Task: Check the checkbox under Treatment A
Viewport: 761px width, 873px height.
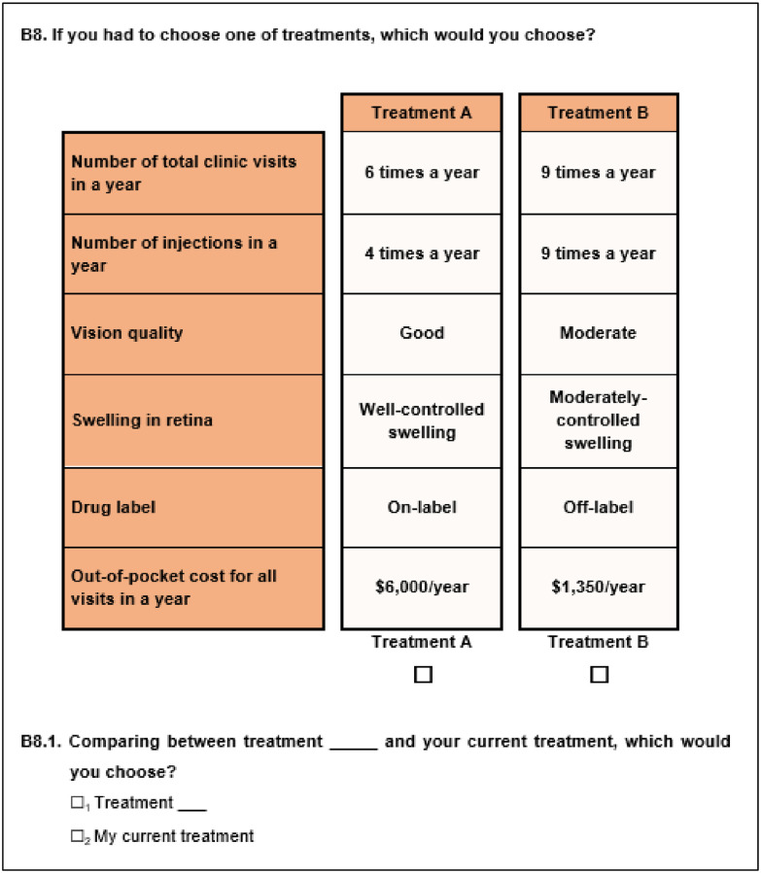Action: click(x=423, y=674)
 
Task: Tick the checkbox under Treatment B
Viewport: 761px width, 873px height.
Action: click(x=600, y=674)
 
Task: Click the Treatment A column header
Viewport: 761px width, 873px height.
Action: click(x=422, y=113)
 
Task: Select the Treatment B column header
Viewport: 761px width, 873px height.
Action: click(x=598, y=113)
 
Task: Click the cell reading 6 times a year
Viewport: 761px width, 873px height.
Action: click(x=422, y=173)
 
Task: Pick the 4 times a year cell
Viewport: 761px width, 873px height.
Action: click(x=422, y=253)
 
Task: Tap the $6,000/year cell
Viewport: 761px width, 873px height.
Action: click(x=422, y=587)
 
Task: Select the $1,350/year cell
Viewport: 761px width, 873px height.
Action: click(x=598, y=587)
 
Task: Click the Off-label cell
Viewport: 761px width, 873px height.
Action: click(x=598, y=507)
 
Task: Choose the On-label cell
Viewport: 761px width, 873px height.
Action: click(x=422, y=507)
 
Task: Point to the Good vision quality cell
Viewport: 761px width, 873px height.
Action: click(x=422, y=333)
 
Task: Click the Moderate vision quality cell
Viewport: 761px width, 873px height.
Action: click(x=598, y=333)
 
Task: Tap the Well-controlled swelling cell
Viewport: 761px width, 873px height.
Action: click(x=422, y=420)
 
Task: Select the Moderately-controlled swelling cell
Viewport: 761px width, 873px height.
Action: click(x=598, y=420)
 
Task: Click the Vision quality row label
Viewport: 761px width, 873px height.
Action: click(x=127, y=333)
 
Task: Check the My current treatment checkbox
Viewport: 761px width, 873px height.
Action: click(x=78, y=835)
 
